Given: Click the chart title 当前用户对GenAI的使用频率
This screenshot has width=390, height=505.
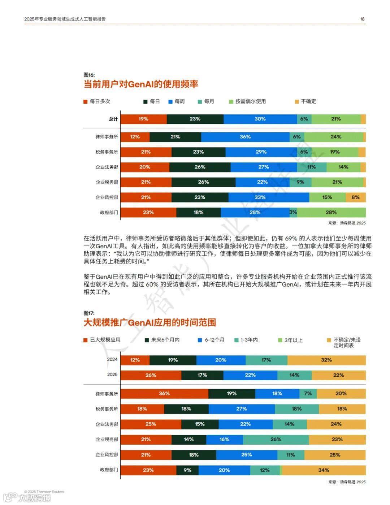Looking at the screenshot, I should point(141,84).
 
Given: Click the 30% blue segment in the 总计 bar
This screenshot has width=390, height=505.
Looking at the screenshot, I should point(260,119).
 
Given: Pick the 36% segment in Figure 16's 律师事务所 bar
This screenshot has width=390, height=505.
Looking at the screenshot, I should point(245,137).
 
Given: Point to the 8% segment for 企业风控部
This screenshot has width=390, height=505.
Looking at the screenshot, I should point(355,197).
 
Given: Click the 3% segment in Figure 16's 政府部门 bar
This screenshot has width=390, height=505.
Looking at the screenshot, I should point(293,212).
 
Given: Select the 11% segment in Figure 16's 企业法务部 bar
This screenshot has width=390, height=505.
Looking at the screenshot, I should point(312,167).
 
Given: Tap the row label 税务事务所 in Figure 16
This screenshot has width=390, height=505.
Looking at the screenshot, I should point(107,152).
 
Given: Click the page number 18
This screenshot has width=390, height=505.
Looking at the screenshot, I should point(362,19).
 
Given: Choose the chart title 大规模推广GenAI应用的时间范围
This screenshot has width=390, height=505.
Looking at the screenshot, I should point(149,322).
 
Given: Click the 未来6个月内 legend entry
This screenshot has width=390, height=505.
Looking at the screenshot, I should point(165,340).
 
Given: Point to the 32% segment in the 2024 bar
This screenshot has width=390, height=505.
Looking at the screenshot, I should point(326,360).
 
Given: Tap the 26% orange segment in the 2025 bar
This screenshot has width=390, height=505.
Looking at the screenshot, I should point(151,375).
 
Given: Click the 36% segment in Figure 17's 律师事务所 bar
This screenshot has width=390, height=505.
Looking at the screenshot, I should point(164,394).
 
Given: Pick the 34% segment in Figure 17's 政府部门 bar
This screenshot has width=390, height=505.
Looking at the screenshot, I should point(324,470).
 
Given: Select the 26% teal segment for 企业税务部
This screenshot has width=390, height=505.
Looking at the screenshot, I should point(276,440).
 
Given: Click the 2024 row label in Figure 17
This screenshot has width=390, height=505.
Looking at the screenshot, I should point(112,360).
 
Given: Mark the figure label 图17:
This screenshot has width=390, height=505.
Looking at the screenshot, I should point(89,313).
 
